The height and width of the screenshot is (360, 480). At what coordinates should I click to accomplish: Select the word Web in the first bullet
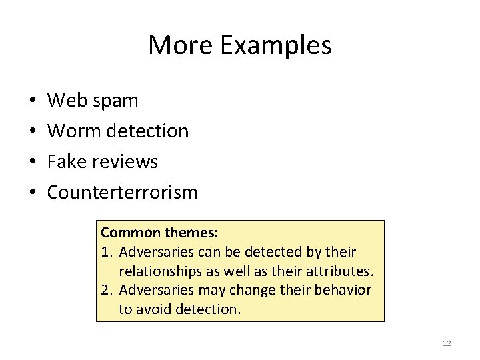click(63, 101)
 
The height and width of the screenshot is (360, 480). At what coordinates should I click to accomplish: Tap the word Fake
click(65, 162)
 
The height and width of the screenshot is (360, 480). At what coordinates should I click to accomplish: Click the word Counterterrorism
click(122, 193)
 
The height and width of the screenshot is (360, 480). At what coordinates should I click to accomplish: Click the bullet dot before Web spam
click(32, 101)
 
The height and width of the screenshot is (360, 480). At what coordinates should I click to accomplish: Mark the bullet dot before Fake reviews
click(32, 163)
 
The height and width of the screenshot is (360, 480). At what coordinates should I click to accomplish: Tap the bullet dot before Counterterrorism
click(32, 193)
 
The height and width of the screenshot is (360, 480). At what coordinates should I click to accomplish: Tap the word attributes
click(339, 271)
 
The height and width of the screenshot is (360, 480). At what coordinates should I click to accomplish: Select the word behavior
click(344, 290)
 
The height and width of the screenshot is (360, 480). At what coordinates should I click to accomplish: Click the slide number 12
click(447, 343)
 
